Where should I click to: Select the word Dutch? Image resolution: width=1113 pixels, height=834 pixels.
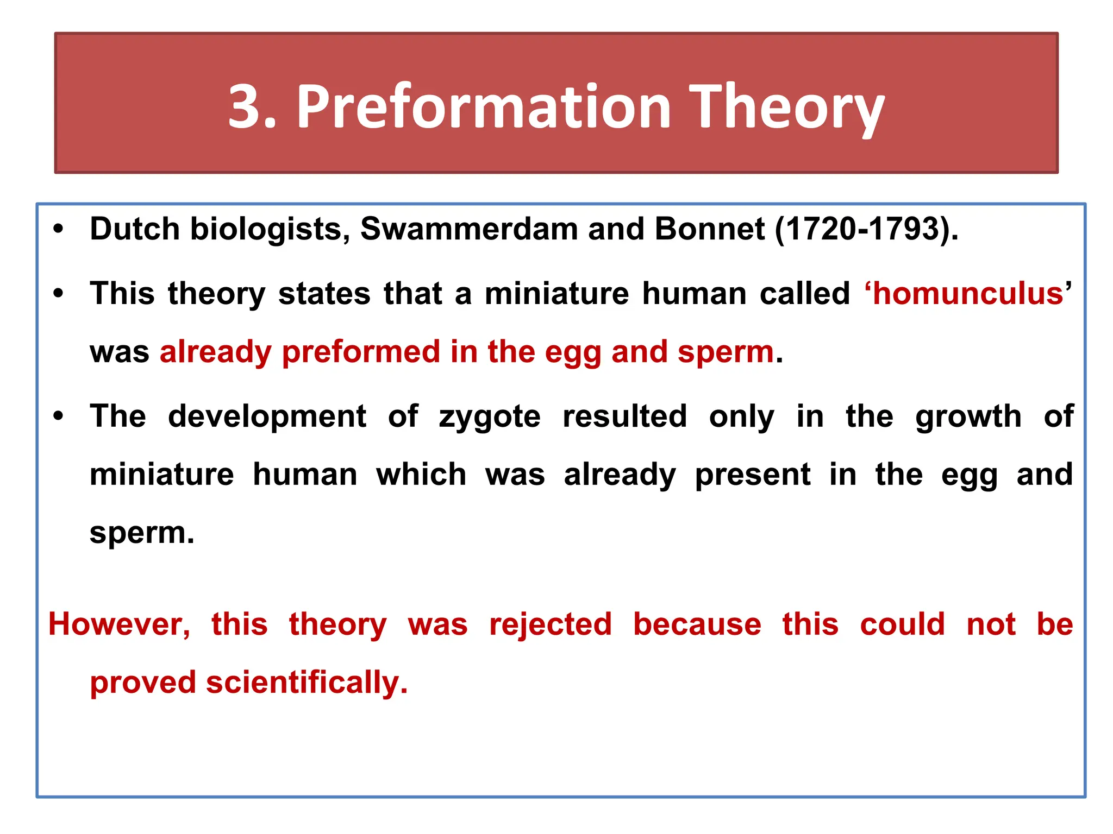(x=135, y=229)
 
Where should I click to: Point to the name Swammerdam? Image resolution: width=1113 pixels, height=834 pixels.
(x=468, y=229)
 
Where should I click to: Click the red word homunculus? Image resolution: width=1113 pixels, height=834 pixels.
(x=968, y=294)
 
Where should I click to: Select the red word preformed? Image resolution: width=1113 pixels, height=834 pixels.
(x=361, y=352)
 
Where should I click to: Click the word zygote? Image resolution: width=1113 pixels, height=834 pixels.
(x=489, y=417)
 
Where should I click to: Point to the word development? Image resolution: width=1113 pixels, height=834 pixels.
(x=267, y=417)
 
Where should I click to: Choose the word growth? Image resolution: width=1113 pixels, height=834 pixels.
(x=968, y=417)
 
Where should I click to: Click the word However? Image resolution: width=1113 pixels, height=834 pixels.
(x=119, y=624)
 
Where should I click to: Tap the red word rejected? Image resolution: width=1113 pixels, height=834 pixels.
(x=550, y=624)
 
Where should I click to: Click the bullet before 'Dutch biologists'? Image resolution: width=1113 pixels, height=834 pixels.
(x=59, y=229)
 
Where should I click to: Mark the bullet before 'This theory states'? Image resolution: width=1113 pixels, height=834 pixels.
(x=59, y=294)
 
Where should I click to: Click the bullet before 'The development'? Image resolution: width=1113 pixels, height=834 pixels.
(x=59, y=417)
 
